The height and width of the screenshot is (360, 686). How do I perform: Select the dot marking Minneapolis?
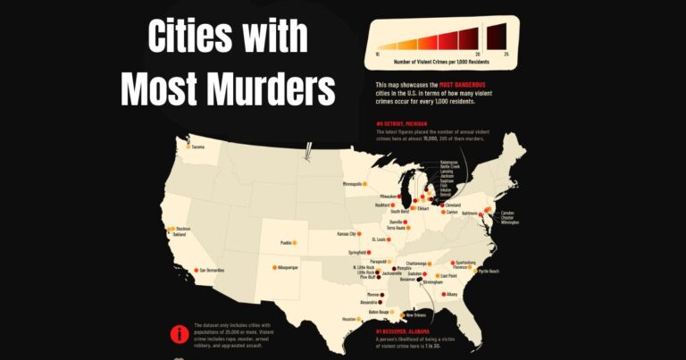[x=366, y=184]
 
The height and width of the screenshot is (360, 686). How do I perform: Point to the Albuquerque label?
[x=287, y=267]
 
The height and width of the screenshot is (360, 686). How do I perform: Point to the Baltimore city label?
[x=470, y=213]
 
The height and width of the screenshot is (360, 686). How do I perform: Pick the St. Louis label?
[x=379, y=239]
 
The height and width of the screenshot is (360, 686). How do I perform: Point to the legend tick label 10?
[x=377, y=55]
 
